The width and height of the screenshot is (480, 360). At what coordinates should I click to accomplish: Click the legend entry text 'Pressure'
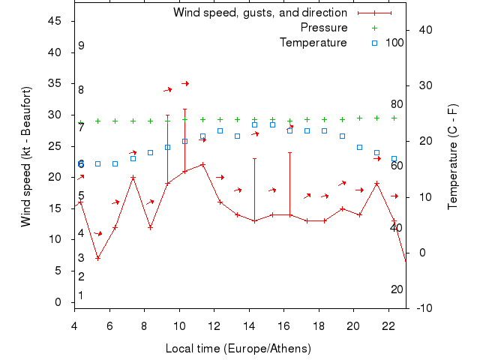click(x=324, y=28)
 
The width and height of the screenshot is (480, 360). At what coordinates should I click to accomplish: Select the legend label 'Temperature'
click(x=313, y=43)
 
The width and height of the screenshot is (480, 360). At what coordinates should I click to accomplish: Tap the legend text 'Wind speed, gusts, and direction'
click(x=260, y=13)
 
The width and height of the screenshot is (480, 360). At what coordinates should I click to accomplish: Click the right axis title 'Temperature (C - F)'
click(x=453, y=157)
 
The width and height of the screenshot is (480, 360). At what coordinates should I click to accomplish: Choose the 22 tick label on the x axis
click(x=388, y=325)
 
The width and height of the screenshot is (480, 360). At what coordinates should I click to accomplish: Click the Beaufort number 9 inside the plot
click(x=81, y=46)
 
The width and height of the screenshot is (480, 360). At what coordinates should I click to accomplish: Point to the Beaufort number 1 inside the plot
click(x=80, y=295)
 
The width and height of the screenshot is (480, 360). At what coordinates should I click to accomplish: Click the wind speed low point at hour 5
click(x=97, y=258)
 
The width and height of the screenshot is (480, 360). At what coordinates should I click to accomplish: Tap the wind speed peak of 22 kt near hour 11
click(x=202, y=164)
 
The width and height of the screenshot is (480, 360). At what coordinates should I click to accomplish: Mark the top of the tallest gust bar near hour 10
click(x=184, y=109)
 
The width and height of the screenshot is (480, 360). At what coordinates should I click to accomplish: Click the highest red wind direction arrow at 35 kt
click(x=184, y=83)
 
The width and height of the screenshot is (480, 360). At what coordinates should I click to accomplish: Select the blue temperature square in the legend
click(x=374, y=43)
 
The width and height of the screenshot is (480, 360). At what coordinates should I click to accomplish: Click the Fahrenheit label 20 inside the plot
click(x=397, y=289)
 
